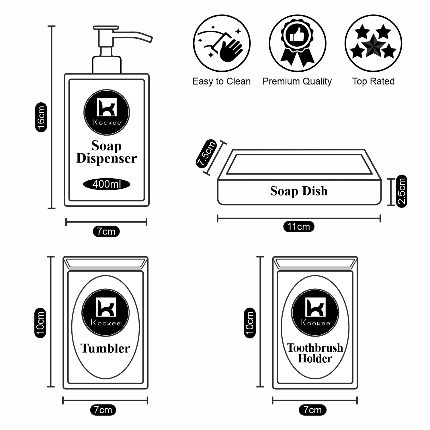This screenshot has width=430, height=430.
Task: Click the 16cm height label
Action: pyautogui.click(x=41, y=117)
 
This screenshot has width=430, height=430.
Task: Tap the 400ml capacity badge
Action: pyautogui.click(x=107, y=184)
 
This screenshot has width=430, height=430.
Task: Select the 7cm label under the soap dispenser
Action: pyautogui.click(x=106, y=231)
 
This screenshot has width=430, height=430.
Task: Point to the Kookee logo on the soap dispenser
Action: pyautogui.click(x=107, y=112)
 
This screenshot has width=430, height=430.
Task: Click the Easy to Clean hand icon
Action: pyautogui.click(x=222, y=44)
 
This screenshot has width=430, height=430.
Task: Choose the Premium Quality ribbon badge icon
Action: pyautogui.click(x=297, y=44)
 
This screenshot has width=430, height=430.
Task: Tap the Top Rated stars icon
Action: pyautogui.click(x=373, y=44)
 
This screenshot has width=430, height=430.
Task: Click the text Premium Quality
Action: pyautogui.click(x=297, y=81)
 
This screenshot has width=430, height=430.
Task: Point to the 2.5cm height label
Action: pyautogui.click(x=402, y=191)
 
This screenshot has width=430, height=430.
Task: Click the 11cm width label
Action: pyautogui.click(x=299, y=226)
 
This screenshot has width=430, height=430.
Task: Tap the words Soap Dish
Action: pyautogui.click(x=299, y=191)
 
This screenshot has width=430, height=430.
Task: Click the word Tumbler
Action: pyautogui.click(x=105, y=349)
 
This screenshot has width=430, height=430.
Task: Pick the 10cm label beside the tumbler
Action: pyautogui.click(x=40, y=323)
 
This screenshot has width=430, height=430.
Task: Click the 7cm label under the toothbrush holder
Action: pyautogui.click(x=312, y=410)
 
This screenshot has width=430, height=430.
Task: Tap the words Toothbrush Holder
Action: pyautogui.click(x=315, y=353)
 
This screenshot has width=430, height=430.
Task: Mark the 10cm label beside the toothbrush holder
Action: pyautogui.click(x=250, y=323)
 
